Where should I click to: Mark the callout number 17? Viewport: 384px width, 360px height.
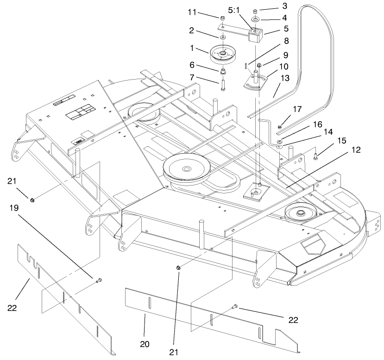pyautogui.click(x=297, y=110)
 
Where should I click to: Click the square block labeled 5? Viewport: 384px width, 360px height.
pyautogui.click(x=256, y=35)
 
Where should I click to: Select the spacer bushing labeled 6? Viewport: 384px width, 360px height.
pyautogui.click(x=224, y=72)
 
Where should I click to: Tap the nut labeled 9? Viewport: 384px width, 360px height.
pyautogui.click(x=260, y=65)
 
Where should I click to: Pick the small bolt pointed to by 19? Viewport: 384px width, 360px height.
pyautogui.click(x=98, y=280)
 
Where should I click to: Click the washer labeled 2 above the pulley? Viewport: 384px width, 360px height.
pyautogui.click(x=223, y=37)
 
